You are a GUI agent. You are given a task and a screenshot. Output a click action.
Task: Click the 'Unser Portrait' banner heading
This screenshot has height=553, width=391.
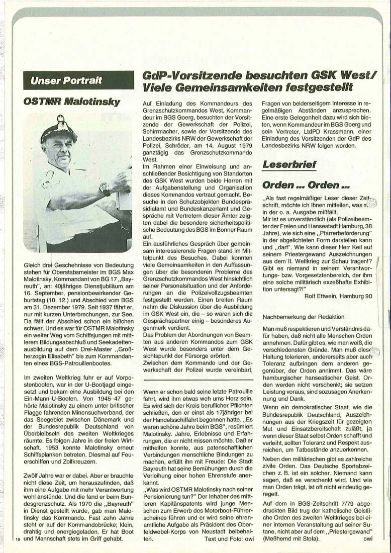click(x=66, y=79)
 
